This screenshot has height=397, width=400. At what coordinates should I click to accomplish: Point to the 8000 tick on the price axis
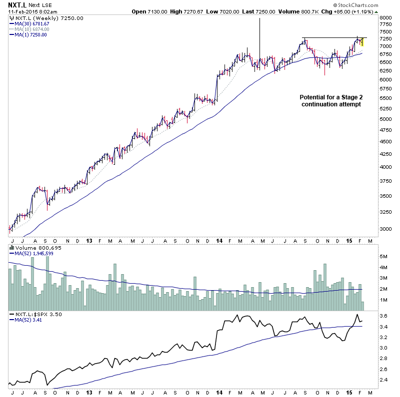tap(386, 18)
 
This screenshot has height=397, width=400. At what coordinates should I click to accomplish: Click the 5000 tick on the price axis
tap(386, 119)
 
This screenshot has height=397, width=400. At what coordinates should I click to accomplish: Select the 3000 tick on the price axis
tap(386, 229)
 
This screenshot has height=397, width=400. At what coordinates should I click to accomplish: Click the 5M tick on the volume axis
tap(384, 256)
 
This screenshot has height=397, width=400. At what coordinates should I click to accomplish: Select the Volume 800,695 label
tap(34, 247)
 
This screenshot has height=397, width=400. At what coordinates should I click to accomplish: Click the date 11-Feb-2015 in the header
tap(22, 11)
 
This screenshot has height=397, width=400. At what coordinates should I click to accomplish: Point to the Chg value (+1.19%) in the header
tap(381, 11)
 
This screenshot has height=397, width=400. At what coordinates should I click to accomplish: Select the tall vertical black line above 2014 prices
tap(259, 35)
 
